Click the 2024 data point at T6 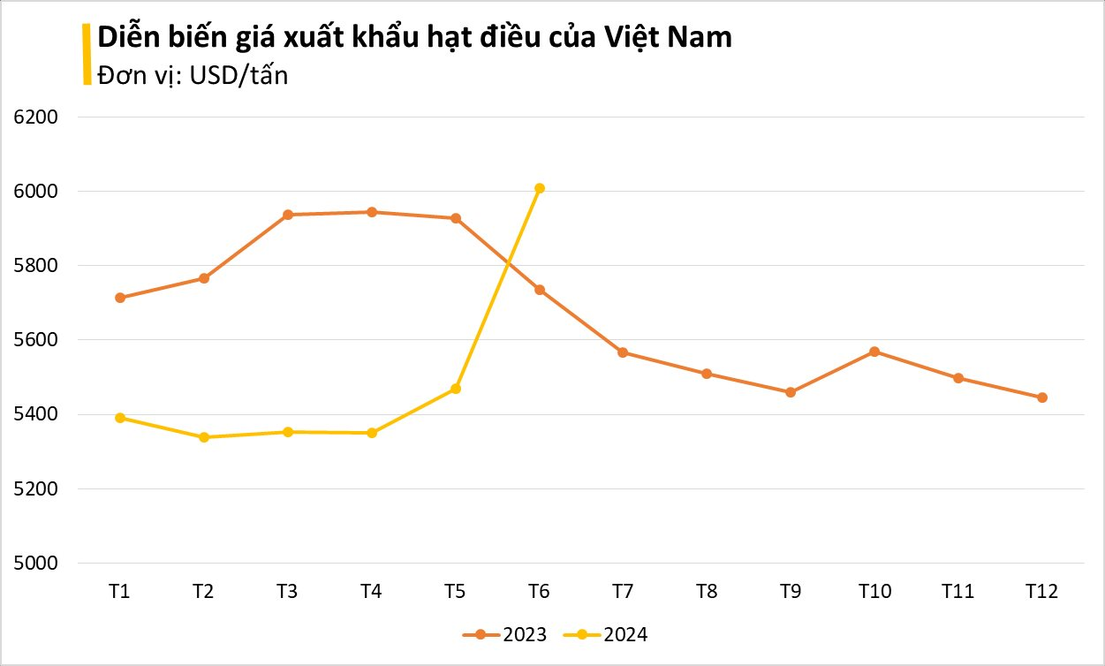coord(540,188)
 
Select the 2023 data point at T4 coord(372,212)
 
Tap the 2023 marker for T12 coord(1042,397)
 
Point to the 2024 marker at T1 coord(120,418)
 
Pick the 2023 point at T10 coord(874,352)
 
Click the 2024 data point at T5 coord(456,389)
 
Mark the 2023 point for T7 coord(623,352)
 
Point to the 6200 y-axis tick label coord(36,117)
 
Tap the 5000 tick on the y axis coord(36,563)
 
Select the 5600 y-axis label coord(36,340)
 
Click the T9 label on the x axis coord(791,592)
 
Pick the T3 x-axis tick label coord(288,592)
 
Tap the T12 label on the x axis coord(1042,592)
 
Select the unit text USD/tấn coord(238,76)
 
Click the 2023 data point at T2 coord(204,278)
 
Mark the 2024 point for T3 coord(288,432)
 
